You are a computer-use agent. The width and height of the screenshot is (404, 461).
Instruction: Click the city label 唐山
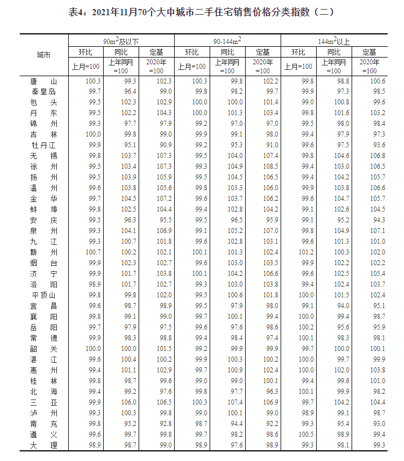pyautogui.click(x=43, y=81)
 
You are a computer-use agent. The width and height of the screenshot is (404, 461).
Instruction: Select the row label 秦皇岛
pyautogui.click(x=43, y=92)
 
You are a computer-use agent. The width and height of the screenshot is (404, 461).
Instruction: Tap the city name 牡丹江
pyautogui.click(x=43, y=145)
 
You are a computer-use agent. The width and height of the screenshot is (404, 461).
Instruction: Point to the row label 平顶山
pyautogui.click(x=43, y=295)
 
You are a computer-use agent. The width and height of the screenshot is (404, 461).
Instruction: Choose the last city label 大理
pyautogui.click(x=43, y=445)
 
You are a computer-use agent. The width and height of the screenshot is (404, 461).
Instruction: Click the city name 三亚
pyautogui.click(x=43, y=402)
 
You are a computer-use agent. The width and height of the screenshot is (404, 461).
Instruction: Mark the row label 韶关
pyautogui.click(x=43, y=349)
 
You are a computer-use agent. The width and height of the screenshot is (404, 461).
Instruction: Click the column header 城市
pyautogui.click(x=43, y=55)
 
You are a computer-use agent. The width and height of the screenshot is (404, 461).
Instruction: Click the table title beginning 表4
pyautogui.click(x=202, y=12)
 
